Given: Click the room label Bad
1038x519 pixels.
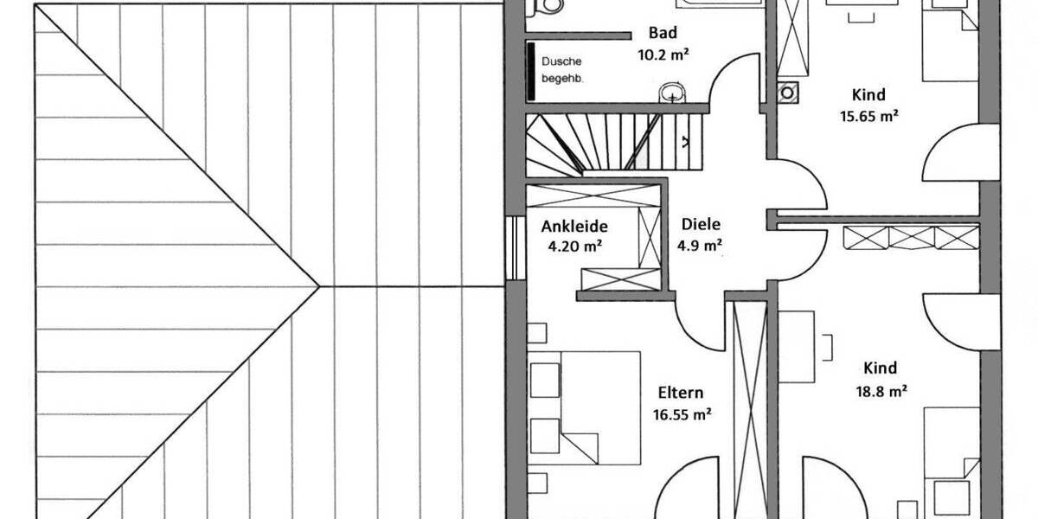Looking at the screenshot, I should (x=663, y=34).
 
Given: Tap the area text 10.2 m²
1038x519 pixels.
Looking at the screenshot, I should (x=663, y=54).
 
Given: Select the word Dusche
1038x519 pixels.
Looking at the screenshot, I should (x=561, y=61).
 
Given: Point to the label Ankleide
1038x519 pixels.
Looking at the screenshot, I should (x=574, y=227).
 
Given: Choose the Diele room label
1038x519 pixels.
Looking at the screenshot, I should (x=701, y=223).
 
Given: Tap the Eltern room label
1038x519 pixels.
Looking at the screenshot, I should (x=679, y=391).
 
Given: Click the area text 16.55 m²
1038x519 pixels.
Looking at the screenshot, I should (x=682, y=413).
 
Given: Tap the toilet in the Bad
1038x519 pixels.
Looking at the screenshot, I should (x=546, y=7).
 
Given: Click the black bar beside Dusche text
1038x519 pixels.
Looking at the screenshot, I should (x=531, y=70).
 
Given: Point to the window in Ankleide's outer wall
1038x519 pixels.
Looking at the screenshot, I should (x=511, y=247).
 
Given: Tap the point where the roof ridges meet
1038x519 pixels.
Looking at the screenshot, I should (x=319, y=286).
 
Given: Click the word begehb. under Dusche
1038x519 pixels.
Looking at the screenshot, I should (x=562, y=79).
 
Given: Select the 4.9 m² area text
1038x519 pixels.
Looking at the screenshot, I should (x=701, y=246).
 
